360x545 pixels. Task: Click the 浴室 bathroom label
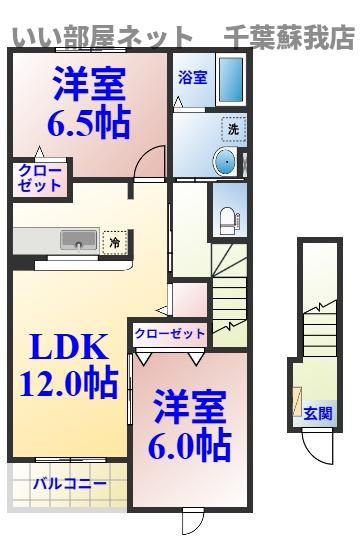193,77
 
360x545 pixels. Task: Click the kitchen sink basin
80,241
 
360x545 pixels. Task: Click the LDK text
67,348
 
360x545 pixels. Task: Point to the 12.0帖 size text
67,382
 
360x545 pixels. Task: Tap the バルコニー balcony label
69,484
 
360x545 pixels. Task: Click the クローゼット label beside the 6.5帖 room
39,178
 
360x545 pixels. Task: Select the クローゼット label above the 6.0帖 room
169,333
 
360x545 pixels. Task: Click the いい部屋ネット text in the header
101,37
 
